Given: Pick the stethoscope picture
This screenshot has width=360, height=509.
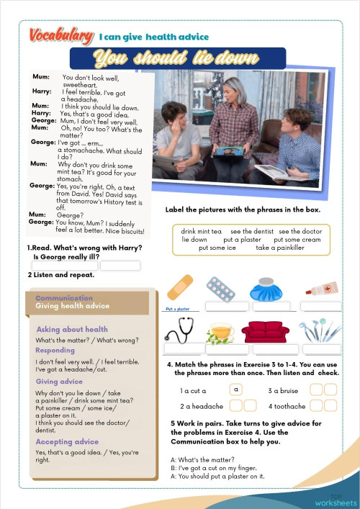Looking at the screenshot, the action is [x=179, y=330].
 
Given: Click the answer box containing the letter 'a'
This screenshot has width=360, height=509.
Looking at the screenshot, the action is [x=235, y=389].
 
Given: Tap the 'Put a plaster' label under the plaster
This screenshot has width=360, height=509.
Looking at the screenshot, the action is [x=179, y=309].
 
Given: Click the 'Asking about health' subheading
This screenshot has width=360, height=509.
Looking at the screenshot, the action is [x=72, y=329].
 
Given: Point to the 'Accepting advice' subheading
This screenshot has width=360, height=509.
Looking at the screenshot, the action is [x=67, y=441].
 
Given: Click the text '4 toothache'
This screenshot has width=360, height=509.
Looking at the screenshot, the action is [x=286, y=406].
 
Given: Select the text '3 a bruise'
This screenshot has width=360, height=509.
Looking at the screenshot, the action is [x=283, y=390].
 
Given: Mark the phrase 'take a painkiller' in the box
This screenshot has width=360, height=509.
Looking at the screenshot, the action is [x=280, y=248].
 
